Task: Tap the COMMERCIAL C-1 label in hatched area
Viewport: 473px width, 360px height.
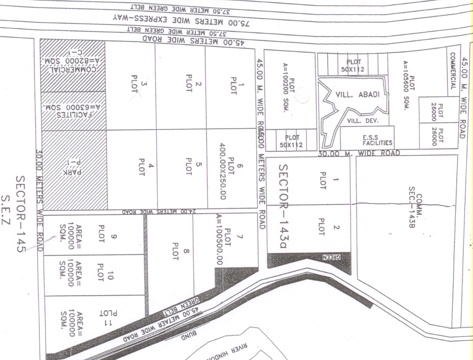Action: [73, 65]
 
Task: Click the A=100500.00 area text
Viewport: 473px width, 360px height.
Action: [219, 240]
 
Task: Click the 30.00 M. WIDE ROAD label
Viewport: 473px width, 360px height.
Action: [359, 153]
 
